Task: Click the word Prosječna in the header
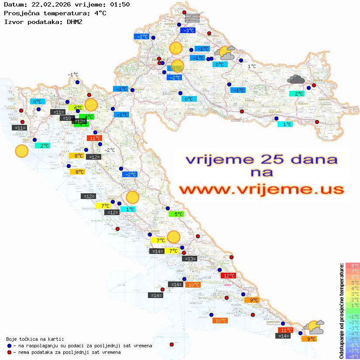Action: point(21,13)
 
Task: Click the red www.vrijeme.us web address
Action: point(261,189)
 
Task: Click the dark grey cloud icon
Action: point(296,79)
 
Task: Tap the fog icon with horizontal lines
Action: point(192,18)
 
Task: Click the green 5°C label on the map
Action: point(177,214)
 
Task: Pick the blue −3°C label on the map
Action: point(188,31)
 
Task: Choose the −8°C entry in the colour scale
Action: point(353,356)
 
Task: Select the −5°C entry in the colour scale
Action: point(353,339)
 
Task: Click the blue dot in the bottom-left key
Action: point(10,346)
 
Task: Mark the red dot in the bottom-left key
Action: point(10,352)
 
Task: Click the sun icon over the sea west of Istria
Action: point(21,151)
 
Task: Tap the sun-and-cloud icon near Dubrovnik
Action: point(314,326)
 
